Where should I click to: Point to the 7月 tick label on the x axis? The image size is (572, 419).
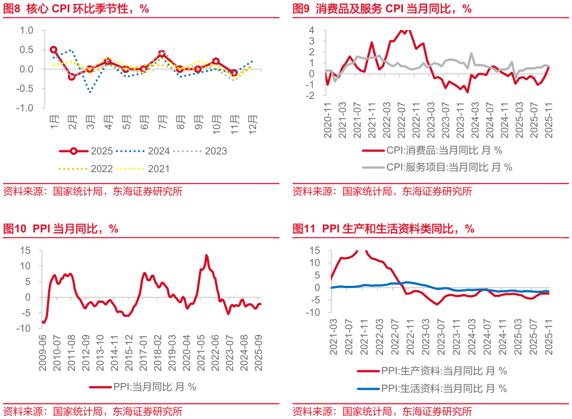pyautogui.click(x=162, y=122)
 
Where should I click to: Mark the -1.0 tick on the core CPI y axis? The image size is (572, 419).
pyautogui.click(x=27, y=108)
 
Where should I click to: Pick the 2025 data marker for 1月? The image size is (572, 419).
pyautogui.click(x=54, y=50)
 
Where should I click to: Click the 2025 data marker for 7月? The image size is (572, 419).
pyautogui.click(x=162, y=54)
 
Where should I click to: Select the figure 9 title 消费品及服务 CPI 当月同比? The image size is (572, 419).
pyautogui.click(x=382, y=8)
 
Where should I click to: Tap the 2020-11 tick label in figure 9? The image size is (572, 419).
pyautogui.click(x=328, y=114)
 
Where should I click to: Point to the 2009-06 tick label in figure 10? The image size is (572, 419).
pyautogui.click(x=43, y=348)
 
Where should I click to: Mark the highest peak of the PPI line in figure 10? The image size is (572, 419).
pyautogui.click(x=207, y=255)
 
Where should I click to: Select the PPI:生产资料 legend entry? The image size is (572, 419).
pyautogui.click(x=432, y=371)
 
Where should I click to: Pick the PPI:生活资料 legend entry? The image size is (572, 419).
pyautogui.click(x=432, y=388)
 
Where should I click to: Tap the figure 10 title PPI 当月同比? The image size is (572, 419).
pyautogui.click(x=61, y=229)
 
